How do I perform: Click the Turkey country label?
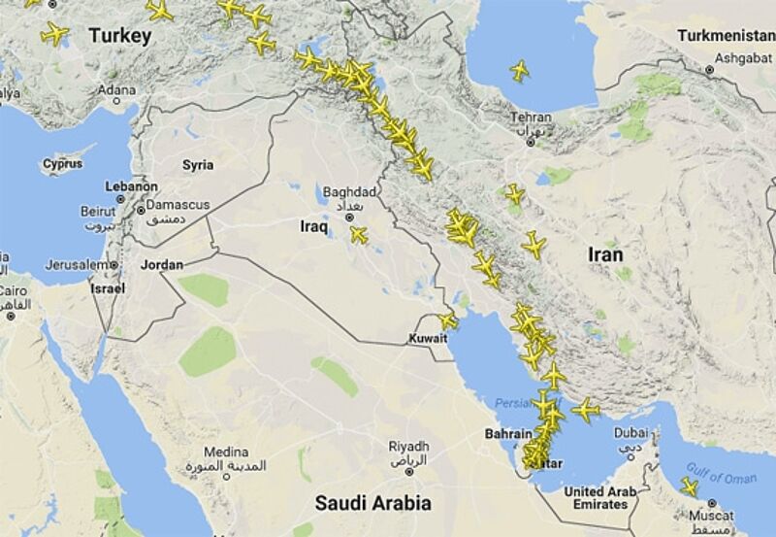point(120,37)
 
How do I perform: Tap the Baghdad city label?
point(347,191)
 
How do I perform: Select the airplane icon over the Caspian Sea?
point(520,70)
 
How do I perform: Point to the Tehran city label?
point(530,117)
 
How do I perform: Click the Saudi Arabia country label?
point(373,502)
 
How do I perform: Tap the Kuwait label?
point(428,339)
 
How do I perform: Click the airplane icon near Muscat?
point(689,486)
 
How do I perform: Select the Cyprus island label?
point(62,164)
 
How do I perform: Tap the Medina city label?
point(226,453)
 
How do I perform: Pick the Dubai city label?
point(630,433)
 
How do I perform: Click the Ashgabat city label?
point(715,57)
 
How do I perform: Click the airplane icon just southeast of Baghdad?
point(359,234)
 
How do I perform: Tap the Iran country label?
point(605,254)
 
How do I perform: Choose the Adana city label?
point(116,90)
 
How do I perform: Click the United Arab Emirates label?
point(599,498)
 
